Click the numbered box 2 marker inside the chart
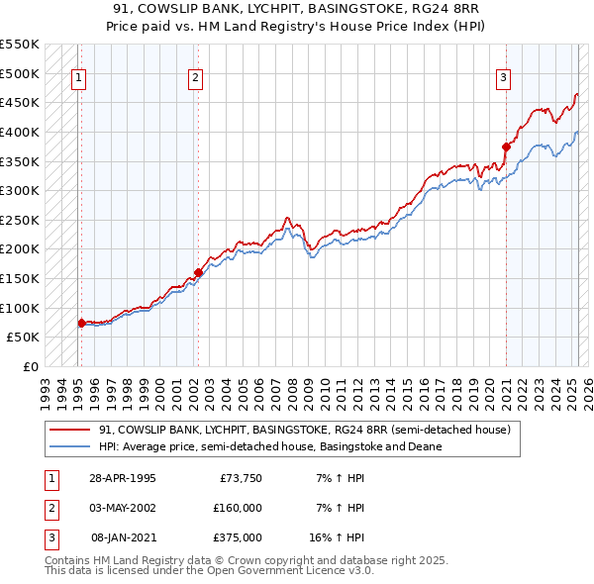(196, 78)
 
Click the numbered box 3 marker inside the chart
(503, 78)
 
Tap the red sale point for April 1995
(81, 323)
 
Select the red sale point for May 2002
(198, 272)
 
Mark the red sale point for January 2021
(506, 146)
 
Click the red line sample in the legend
(70, 431)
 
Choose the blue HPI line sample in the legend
(70, 447)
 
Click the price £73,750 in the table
(238, 478)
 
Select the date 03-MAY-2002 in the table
(122, 508)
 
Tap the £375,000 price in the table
(238, 537)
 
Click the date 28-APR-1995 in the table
(122, 478)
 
